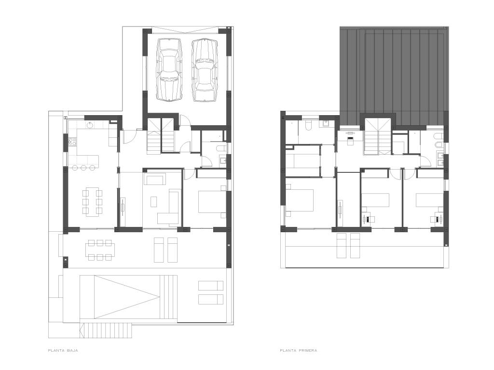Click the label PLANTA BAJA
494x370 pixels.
pos(63,350)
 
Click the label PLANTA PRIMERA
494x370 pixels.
pos(298,350)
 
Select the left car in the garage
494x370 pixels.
pos(169,69)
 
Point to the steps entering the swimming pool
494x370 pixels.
pos(168,297)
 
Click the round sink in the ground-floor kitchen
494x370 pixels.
pos(90,125)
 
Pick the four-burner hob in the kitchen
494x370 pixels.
pos(72,143)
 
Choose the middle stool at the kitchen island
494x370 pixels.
pos(83,168)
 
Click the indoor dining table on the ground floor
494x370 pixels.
pos(93,201)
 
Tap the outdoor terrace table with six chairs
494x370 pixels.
pos(100,250)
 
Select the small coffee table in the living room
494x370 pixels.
pos(154,202)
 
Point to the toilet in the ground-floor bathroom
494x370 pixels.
pos(221,148)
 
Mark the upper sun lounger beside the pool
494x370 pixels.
pos(210,286)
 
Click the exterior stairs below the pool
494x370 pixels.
pos(106,330)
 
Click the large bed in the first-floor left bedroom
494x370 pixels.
pos(299,200)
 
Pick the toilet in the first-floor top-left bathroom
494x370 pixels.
pos(308,125)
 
